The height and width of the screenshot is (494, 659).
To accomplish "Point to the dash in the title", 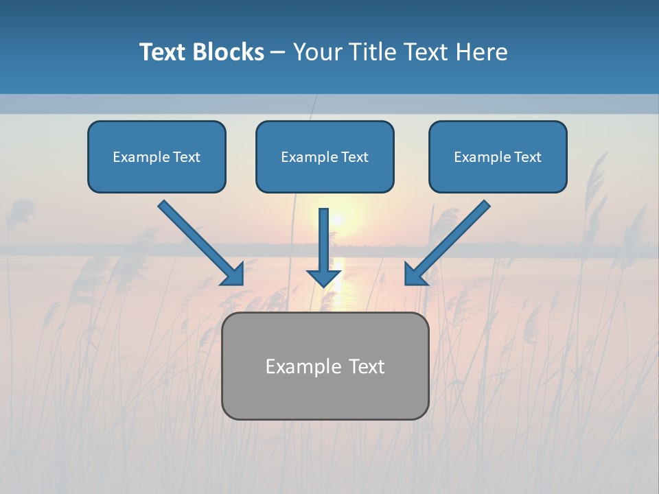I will click(x=278, y=53).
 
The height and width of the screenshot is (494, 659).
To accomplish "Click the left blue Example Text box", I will click(x=157, y=156).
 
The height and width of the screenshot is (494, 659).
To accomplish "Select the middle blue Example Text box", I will click(x=325, y=156).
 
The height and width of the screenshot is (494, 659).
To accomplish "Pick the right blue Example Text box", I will click(x=498, y=156).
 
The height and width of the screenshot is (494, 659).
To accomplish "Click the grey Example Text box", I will click(x=325, y=366).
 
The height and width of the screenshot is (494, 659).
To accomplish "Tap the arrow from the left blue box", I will click(x=199, y=242).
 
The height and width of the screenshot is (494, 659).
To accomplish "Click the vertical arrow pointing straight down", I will click(x=324, y=244).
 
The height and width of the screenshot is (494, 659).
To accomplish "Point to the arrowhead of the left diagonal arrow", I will click(x=233, y=274).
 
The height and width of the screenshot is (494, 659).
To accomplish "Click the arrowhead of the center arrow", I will click(x=324, y=277).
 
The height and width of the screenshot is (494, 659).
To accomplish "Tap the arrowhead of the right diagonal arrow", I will click(x=415, y=274).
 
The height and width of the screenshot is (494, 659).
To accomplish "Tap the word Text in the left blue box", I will click(x=186, y=157).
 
